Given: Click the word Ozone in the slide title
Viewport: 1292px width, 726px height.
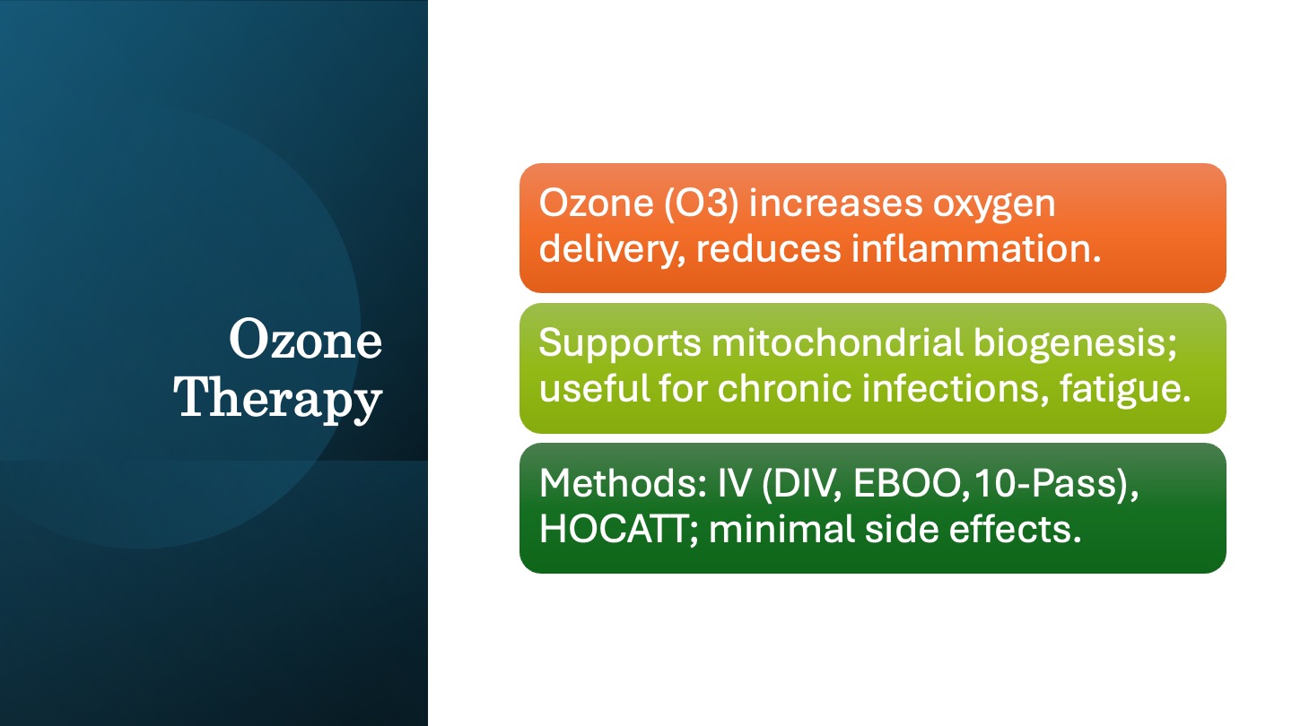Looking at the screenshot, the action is pos(306,339).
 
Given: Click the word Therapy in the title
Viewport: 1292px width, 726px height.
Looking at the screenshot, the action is pos(278,399).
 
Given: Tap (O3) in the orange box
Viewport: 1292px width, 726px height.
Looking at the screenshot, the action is pos(701,203).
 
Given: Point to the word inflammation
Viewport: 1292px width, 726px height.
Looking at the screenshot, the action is pos(976,248).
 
